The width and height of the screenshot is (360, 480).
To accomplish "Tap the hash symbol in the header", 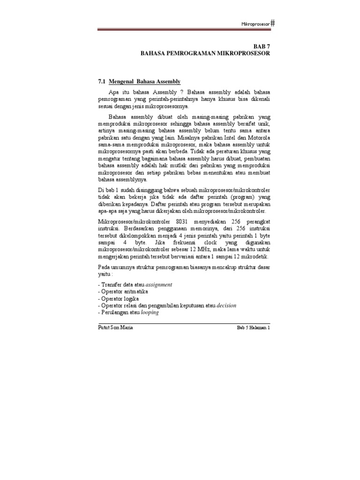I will (273, 23).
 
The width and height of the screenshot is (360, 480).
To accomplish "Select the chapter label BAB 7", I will (261, 47).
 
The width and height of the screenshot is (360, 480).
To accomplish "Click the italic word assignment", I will (159, 285).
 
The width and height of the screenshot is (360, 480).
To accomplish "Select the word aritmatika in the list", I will (135, 292).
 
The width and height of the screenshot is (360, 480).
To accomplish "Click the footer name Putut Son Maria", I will (113, 328).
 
